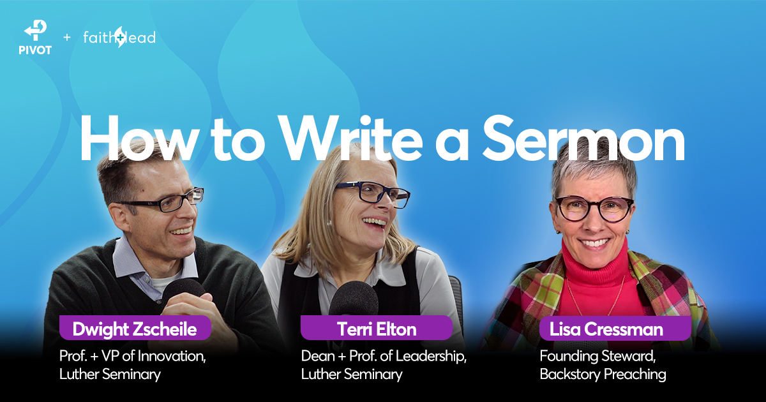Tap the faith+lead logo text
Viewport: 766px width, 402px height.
pyautogui.click(x=119, y=37)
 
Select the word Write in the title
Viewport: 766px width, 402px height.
pyautogui.click(x=350, y=138)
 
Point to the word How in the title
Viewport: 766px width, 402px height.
pyautogui.click(x=139, y=138)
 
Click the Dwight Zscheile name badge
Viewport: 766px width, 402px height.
pyautogui.click(x=135, y=328)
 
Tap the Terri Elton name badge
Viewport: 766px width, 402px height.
pyautogui.click(x=377, y=328)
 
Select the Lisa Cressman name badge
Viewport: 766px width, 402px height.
pyautogui.click(x=615, y=329)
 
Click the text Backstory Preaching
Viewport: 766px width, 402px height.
pyautogui.click(x=603, y=374)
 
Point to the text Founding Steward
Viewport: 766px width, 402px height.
pyautogui.click(x=597, y=356)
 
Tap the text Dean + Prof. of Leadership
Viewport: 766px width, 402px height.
pyautogui.click(x=384, y=356)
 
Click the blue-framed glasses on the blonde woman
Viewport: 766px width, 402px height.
pyautogui.click(x=373, y=193)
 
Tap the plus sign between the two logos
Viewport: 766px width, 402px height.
pyautogui.click(x=67, y=37)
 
